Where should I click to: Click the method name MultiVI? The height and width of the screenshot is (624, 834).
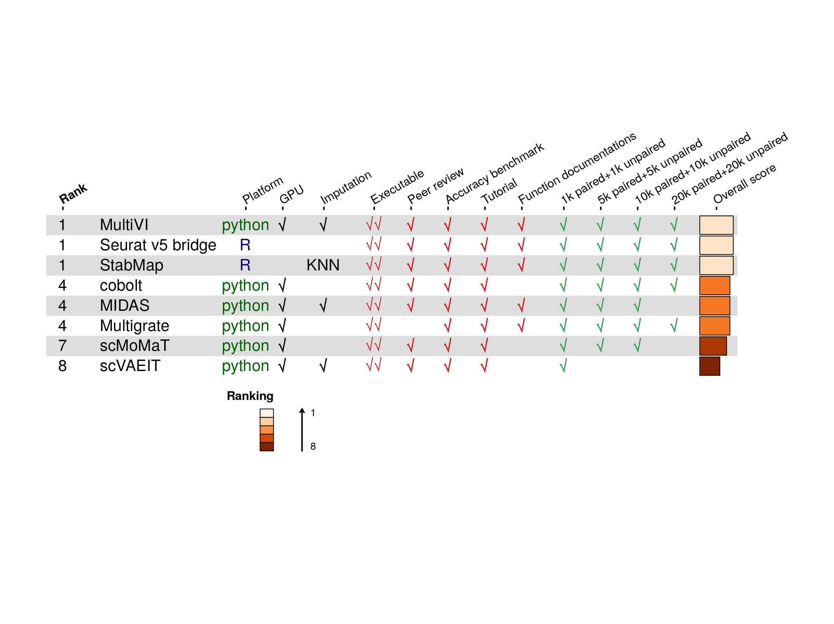(124, 225)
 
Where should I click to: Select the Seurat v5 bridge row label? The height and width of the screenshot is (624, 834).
(158, 245)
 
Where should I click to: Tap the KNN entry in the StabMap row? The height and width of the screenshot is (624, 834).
(323, 265)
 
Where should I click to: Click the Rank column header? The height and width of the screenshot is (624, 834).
(73, 193)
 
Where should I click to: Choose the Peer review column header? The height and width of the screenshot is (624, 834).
(435, 185)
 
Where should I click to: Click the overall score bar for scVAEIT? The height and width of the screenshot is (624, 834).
(709, 366)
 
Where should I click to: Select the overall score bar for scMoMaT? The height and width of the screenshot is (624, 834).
(713, 346)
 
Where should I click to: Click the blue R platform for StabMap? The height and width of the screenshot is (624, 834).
(245, 265)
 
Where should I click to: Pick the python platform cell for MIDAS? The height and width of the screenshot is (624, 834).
(245, 306)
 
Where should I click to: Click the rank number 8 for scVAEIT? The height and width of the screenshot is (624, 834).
(63, 366)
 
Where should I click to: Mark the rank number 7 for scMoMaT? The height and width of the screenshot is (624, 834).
(63, 346)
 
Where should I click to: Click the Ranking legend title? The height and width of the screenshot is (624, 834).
(250, 396)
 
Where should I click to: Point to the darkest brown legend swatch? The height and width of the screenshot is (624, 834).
(267, 447)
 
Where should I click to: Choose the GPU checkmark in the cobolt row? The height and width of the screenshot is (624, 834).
(282, 285)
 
